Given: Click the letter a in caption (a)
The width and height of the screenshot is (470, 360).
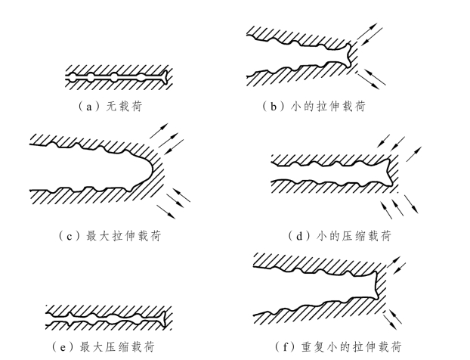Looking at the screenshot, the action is click(x=88, y=106).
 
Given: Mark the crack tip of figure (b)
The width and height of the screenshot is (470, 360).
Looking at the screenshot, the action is click(x=349, y=55).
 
